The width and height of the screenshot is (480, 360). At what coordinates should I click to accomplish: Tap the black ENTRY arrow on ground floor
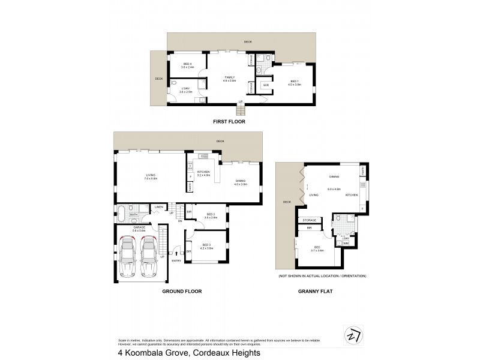tap(176, 253)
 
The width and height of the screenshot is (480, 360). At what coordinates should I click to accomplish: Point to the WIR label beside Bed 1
tap(266, 85)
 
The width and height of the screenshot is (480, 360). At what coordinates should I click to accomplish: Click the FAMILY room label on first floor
tap(229, 77)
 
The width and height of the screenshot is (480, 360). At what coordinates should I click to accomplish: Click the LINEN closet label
tap(159, 208)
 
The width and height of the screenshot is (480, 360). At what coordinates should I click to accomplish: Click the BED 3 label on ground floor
tap(206, 245)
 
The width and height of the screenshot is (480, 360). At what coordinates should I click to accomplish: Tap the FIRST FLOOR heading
tap(229, 122)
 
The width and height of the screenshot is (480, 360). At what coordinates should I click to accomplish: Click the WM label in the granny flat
tap(346, 244)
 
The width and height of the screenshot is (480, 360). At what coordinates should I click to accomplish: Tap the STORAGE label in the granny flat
tap(309, 220)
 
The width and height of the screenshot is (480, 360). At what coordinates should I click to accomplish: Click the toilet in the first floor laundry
tap(173, 83)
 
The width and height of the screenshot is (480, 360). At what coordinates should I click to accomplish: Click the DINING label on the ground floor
tap(239, 181)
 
